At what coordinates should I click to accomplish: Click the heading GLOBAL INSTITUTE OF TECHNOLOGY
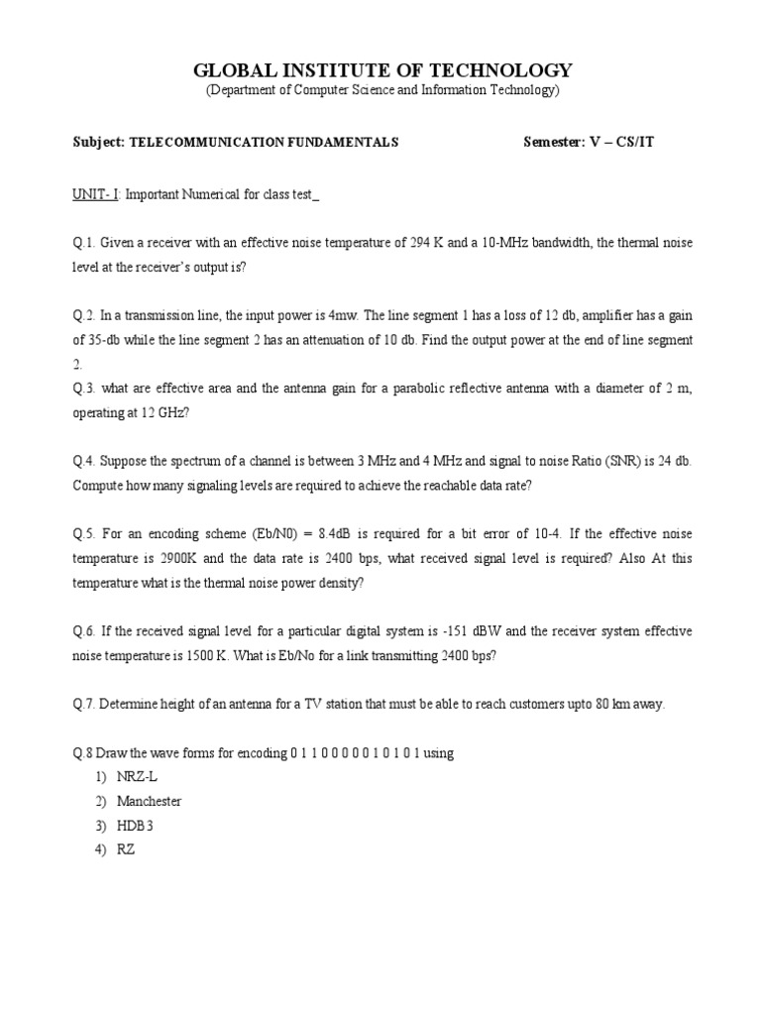click(381, 69)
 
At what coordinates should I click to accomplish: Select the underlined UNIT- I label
click(95, 194)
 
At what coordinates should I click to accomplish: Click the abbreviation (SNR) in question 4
click(623, 461)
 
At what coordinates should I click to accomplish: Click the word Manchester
click(149, 801)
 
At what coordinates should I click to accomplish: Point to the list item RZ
click(126, 849)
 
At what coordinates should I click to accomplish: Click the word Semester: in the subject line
click(553, 142)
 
